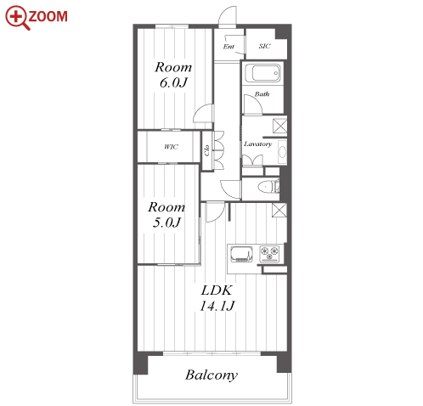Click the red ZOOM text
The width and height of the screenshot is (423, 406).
point(48,16)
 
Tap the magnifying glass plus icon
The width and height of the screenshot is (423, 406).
point(17,17)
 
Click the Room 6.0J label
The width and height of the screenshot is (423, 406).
point(173,75)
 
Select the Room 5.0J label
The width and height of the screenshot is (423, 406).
point(166,215)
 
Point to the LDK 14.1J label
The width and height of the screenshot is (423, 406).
point(217,298)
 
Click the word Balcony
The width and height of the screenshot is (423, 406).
point(211,375)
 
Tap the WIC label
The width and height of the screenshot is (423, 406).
point(171,147)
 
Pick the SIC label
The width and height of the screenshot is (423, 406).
point(264,46)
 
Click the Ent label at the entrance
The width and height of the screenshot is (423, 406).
point(228,47)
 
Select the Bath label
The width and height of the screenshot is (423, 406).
point(262,93)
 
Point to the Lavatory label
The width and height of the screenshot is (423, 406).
point(258,144)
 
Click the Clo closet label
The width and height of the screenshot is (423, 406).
point(206,150)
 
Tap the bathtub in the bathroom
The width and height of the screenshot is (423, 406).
point(262,73)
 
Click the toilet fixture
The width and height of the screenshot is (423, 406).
point(268,187)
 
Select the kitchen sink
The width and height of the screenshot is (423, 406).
point(241,254)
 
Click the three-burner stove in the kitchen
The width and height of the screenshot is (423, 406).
point(269,253)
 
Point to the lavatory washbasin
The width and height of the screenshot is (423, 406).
point(282,152)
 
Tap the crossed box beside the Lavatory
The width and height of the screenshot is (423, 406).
point(279,127)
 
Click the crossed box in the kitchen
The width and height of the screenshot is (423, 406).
point(279,210)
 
